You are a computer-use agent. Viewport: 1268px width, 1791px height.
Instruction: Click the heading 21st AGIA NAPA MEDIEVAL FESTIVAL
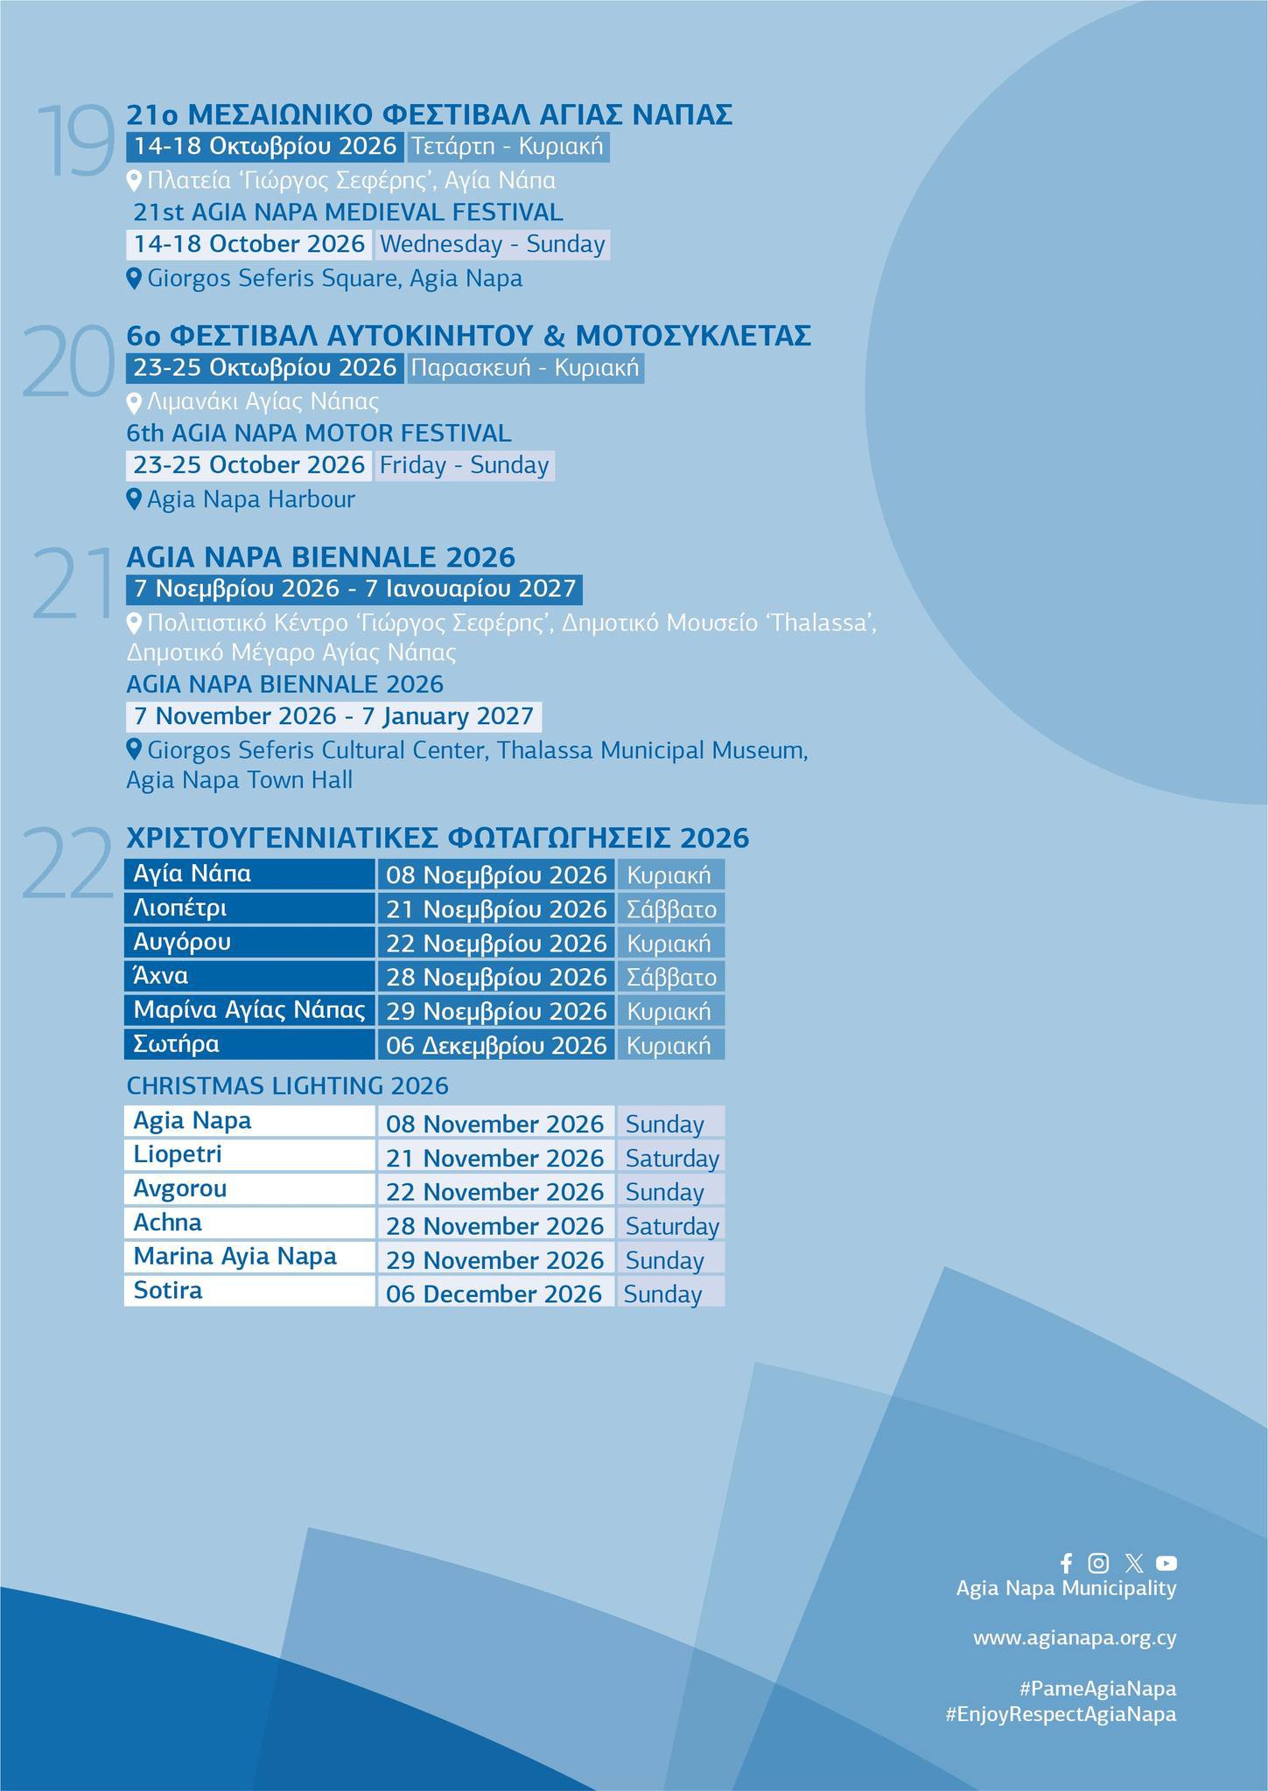347,212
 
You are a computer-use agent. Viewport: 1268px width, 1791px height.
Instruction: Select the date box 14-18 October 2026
249,244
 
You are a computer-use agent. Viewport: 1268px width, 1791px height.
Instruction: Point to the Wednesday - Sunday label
493,244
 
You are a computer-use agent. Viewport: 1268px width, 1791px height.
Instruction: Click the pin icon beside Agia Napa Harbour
134,499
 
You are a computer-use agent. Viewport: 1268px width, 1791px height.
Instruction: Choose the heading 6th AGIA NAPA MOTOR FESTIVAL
319,433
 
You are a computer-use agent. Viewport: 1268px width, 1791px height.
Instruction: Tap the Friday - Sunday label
464,465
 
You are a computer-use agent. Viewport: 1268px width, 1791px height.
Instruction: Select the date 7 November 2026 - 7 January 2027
333,716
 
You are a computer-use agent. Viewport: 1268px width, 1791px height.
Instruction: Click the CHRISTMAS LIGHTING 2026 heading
287,1085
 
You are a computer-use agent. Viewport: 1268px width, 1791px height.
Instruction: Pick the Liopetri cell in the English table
249,1155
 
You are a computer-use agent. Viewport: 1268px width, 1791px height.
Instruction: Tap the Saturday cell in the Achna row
671,1226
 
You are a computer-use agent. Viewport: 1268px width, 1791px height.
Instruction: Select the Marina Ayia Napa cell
249,1257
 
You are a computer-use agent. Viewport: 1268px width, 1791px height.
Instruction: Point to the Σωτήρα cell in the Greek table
249,1044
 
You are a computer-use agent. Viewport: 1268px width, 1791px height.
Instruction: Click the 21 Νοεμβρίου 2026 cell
496,909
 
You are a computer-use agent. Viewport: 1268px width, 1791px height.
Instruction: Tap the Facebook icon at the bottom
1066,1563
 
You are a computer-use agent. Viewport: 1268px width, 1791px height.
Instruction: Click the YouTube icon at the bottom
1166,1563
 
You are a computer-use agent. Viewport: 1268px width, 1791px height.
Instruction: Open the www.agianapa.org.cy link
1074,1638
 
